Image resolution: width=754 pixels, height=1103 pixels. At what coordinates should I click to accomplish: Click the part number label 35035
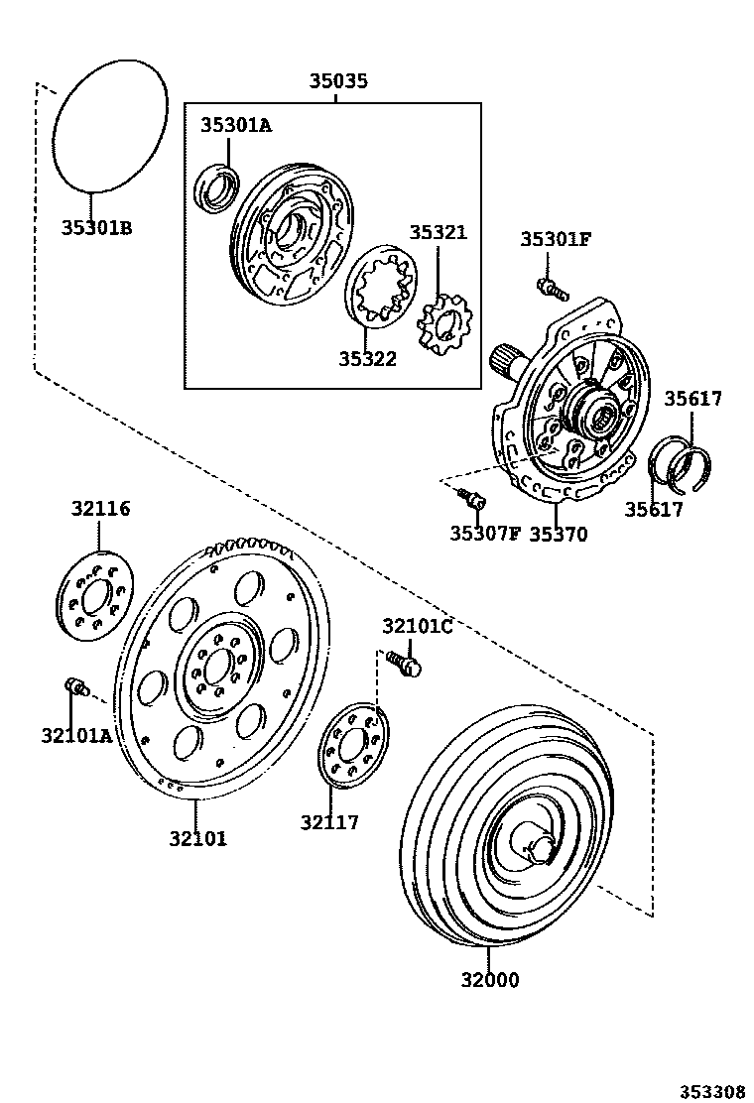coord(337,81)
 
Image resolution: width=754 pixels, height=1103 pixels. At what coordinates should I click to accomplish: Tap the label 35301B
coord(96,228)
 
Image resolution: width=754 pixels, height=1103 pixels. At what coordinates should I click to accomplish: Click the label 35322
coord(367,359)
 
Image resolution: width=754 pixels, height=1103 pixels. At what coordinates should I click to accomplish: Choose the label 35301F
coord(557,239)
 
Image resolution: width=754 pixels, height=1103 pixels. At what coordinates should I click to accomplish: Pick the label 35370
coord(558,535)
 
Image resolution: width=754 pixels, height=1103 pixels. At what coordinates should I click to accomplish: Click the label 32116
coord(100,509)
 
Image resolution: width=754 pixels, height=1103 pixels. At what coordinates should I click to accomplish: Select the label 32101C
coord(418,626)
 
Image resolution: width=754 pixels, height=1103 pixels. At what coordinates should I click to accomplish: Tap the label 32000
coord(489,981)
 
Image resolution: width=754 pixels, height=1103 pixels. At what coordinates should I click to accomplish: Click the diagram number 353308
coord(711,1092)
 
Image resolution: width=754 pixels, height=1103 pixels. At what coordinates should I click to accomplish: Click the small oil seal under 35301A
coord(216,190)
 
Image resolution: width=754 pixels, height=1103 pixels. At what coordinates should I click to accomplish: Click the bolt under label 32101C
coord(404,662)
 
